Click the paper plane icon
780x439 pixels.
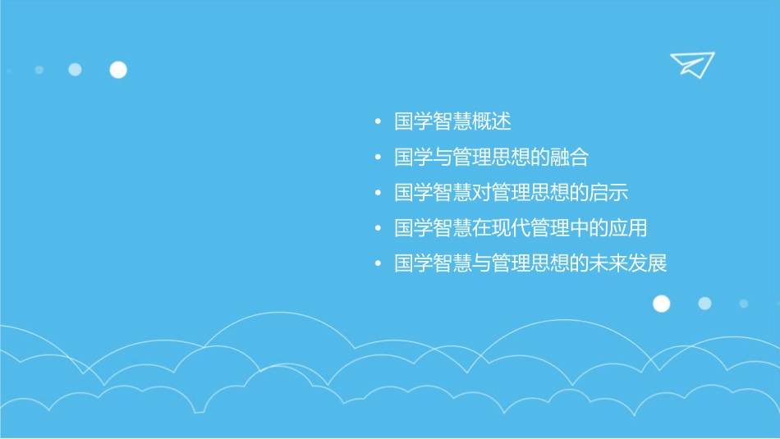(x=691, y=64)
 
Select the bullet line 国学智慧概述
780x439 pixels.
(x=452, y=122)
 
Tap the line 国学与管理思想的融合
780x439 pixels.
(x=491, y=158)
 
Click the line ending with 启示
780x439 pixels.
(x=511, y=193)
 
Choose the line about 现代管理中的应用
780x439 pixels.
(x=521, y=228)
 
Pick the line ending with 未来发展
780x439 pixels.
(x=530, y=264)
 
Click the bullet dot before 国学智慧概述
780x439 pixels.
(x=378, y=123)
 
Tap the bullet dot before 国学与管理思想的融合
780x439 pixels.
(x=378, y=158)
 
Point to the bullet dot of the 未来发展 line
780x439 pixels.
(x=378, y=265)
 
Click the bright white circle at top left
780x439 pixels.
(x=118, y=70)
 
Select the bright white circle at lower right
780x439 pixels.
(x=661, y=304)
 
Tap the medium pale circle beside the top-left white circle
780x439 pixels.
(x=75, y=70)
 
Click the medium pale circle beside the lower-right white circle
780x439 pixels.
(x=704, y=304)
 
